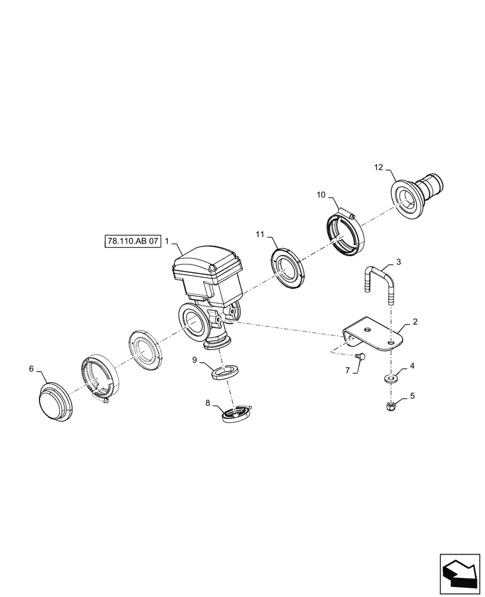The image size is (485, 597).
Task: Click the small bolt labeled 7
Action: coord(360,356)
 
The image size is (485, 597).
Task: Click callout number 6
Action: coord(31,370)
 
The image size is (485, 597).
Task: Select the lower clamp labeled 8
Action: coord(237,414)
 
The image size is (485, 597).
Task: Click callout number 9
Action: coord(195,359)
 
